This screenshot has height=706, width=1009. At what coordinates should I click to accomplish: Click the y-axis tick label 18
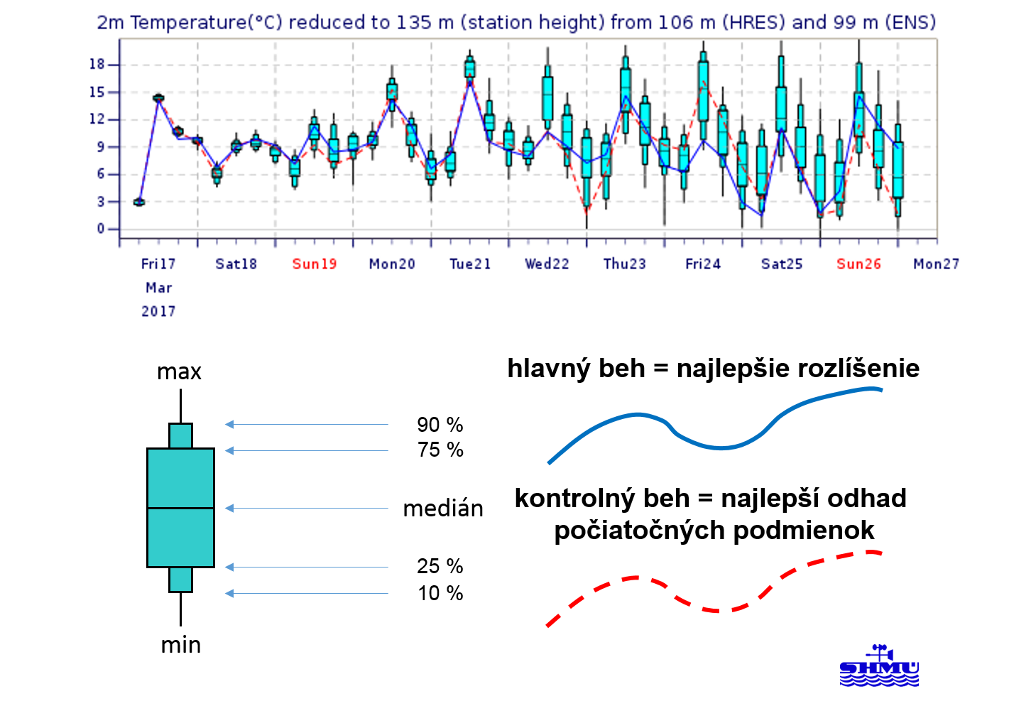(x=97, y=65)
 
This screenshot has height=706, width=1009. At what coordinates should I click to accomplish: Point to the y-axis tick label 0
(x=101, y=229)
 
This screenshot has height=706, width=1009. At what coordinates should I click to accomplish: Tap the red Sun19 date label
(x=315, y=264)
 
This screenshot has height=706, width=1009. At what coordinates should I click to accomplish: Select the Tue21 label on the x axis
(x=470, y=264)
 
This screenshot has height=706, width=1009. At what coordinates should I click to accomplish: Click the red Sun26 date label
(x=858, y=264)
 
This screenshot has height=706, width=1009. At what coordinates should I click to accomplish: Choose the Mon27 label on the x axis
(x=936, y=264)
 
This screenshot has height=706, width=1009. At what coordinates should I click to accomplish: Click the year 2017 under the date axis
(x=158, y=311)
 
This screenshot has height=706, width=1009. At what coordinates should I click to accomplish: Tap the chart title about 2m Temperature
(x=516, y=22)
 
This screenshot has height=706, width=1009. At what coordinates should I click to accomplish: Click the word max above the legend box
(x=179, y=372)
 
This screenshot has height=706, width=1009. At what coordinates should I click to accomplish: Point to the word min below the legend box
(x=180, y=645)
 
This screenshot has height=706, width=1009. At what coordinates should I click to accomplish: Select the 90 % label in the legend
(x=440, y=425)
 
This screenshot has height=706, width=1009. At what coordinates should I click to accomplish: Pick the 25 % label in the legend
(x=440, y=566)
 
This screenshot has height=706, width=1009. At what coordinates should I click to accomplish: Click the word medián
(x=443, y=509)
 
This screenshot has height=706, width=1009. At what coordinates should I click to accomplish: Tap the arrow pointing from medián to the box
(x=307, y=509)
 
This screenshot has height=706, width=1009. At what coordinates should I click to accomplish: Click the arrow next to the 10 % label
(x=307, y=593)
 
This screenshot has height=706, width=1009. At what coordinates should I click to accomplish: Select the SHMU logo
(x=879, y=666)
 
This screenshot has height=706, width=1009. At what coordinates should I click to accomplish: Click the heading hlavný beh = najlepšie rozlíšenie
(x=714, y=369)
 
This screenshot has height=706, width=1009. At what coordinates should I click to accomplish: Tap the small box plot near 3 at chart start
(x=139, y=202)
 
